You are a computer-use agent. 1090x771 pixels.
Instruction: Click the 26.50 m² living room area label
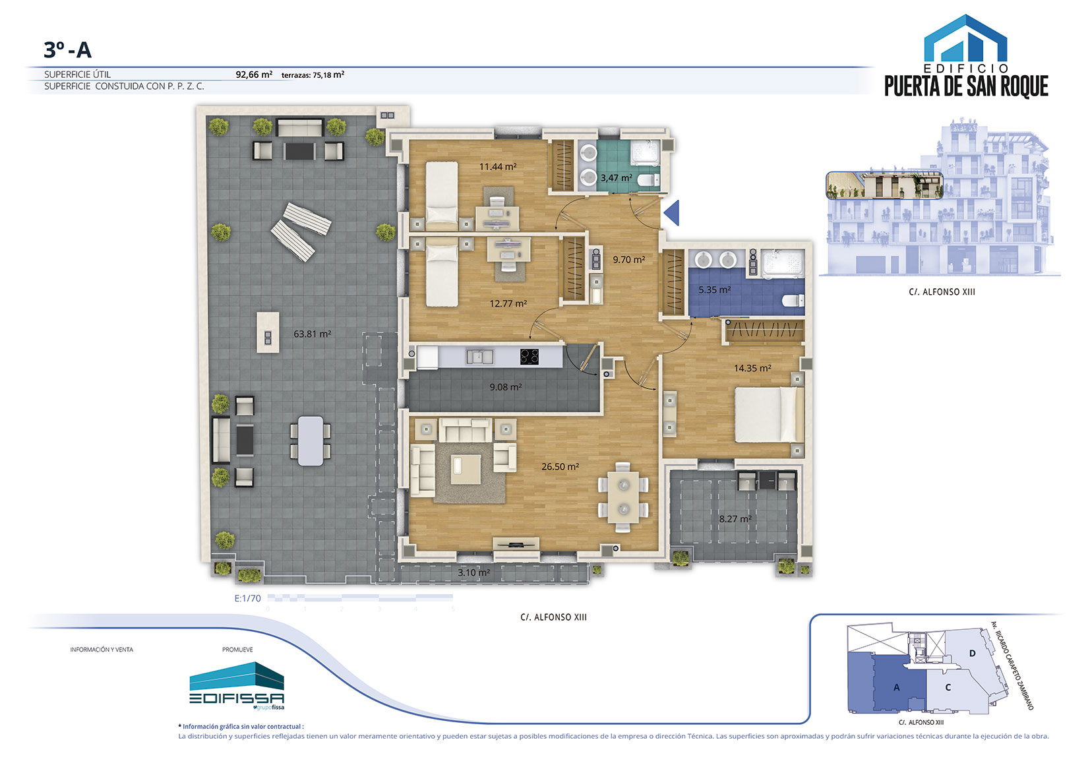560,466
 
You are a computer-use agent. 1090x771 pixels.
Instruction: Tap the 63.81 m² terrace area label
312,334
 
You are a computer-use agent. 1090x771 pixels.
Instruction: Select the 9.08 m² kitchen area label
506,387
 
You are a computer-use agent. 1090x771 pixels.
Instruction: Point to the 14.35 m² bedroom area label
752,368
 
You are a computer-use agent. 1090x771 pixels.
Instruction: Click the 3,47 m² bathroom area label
616,177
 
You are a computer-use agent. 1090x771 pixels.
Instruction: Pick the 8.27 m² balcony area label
735,519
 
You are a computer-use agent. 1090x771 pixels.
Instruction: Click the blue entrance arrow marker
671,213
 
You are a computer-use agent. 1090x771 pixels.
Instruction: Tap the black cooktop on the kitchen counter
530,357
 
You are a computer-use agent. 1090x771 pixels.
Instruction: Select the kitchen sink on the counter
480,357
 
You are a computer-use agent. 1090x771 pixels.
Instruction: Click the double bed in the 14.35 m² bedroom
769,414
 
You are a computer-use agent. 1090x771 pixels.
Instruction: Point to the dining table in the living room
623,497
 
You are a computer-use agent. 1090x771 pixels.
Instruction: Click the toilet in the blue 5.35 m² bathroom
793,300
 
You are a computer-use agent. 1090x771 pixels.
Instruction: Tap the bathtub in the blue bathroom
783,264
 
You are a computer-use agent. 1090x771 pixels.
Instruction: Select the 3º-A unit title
68,49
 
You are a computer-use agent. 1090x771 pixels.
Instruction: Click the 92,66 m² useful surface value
254,75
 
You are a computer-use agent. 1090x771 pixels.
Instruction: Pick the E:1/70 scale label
248,598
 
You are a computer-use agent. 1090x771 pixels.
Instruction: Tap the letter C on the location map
948,688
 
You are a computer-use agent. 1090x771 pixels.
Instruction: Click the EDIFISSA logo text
237,698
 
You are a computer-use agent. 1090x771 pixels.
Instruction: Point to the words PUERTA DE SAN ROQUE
966,86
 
